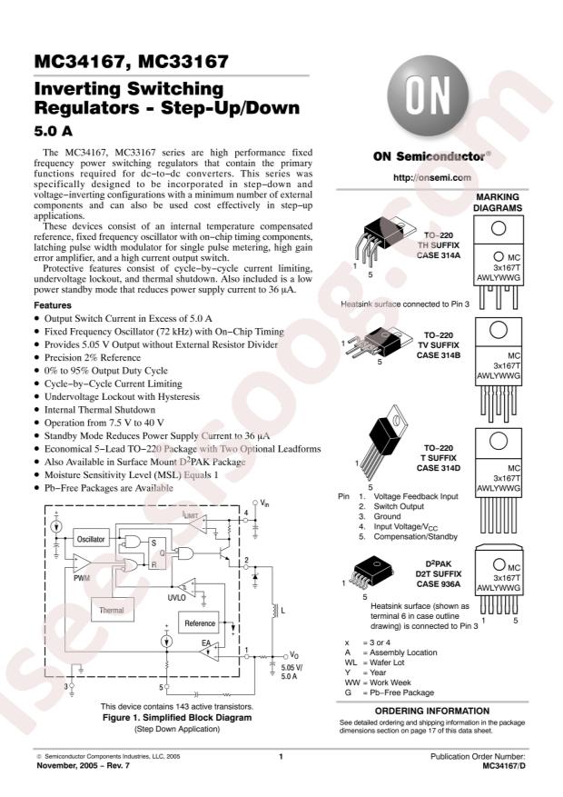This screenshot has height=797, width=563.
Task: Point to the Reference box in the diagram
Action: (x=200, y=623)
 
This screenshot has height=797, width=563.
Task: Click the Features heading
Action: (x=51, y=306)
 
